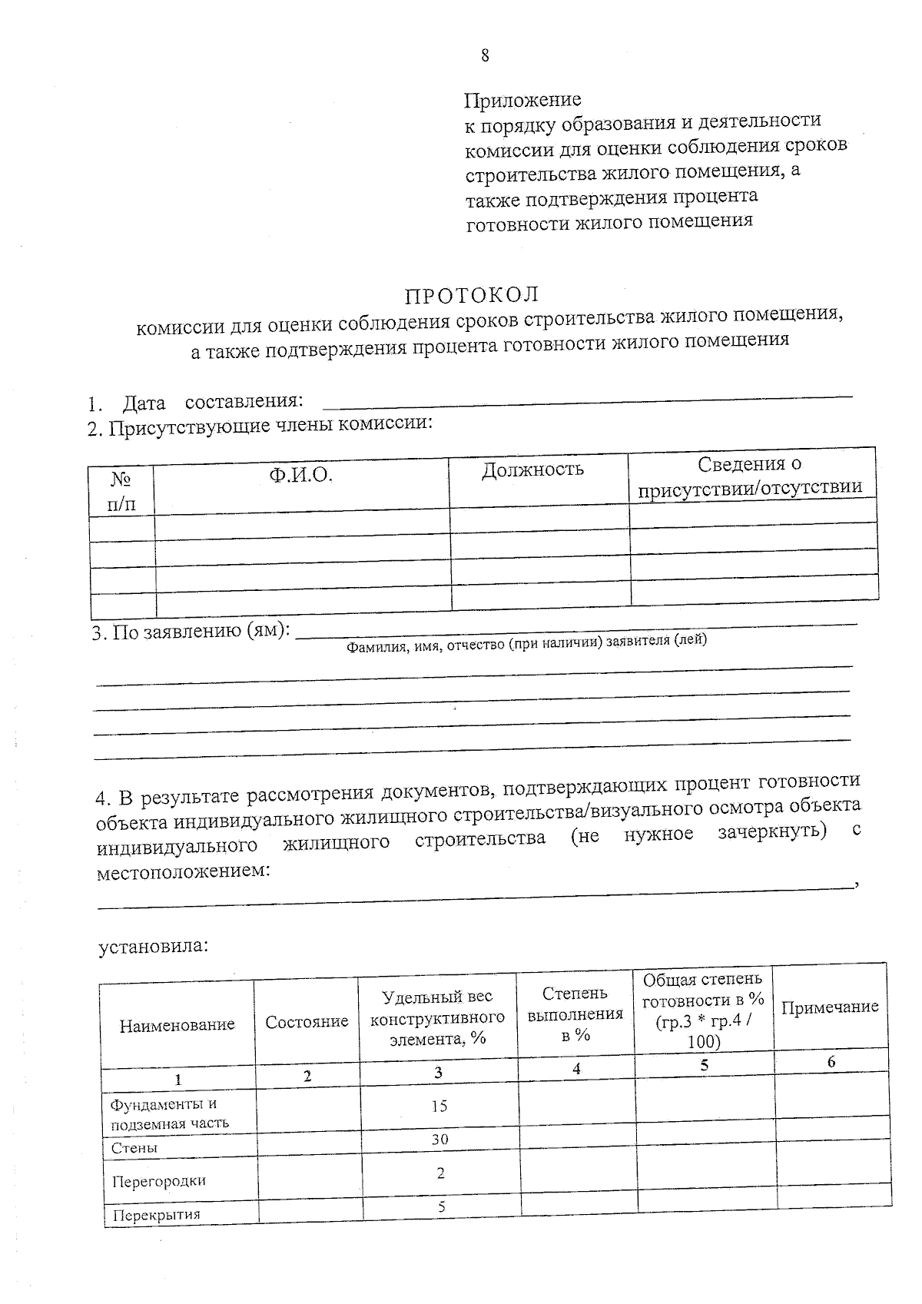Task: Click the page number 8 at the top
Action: click(485, 55)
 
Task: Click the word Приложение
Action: click(522, 100)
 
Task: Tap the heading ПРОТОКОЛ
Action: click(472, 295)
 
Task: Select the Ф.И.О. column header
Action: click(300, 475)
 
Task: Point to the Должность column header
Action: click(532, 469)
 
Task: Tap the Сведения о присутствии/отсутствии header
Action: click(750, 475)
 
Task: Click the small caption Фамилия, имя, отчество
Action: click(526, 643)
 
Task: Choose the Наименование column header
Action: click(177, 1024)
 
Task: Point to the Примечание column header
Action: click(830, 1007)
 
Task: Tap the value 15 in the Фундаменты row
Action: click(439, 1106)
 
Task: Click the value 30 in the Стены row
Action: click(439, 1139)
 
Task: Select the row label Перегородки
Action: click(158, 1181)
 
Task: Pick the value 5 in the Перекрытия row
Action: click(441, 1206)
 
